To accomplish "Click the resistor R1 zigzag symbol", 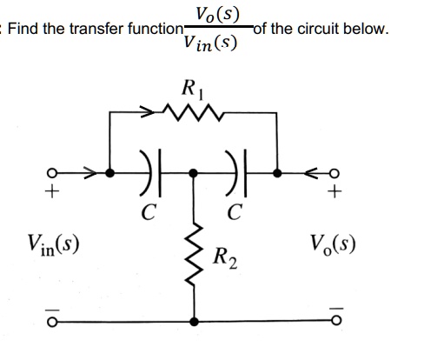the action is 193,112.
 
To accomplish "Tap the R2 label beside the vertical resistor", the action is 225,257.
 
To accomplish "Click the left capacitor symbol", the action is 150,173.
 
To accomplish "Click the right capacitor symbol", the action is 236,173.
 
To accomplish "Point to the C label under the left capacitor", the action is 149,211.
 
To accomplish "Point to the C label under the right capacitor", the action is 235,211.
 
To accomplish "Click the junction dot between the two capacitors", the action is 193,173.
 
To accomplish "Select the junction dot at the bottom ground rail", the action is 194,322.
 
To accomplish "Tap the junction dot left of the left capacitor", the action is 109,173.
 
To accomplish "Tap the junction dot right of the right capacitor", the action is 277,173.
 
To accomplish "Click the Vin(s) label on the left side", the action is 53,245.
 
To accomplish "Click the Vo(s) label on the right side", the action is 333,244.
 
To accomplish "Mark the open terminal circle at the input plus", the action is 52,173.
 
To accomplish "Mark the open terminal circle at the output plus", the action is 335,173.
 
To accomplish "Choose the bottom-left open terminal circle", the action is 52,322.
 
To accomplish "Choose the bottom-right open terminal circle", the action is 336,320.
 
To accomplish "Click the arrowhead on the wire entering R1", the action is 148,111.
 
